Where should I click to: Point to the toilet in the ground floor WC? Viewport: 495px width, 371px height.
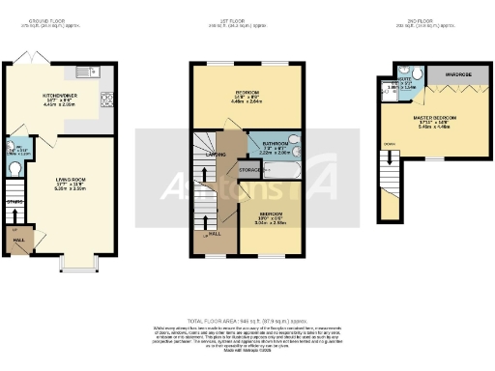[14, 168]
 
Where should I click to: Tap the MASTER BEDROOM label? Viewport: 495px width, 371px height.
[435, 118]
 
